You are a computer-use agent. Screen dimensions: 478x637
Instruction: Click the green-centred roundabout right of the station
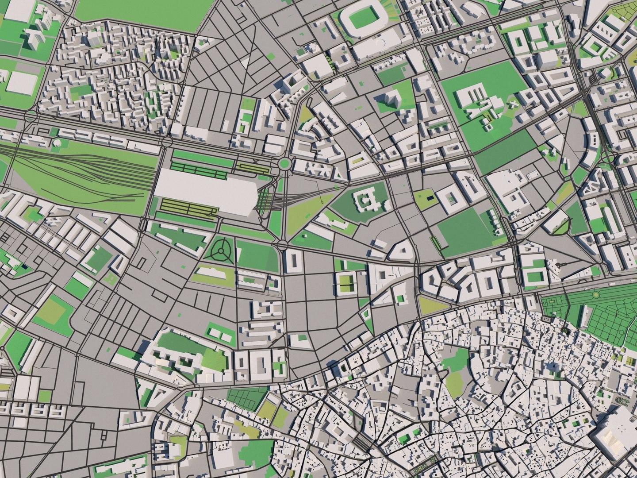284,164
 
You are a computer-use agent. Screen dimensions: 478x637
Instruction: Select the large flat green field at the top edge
137,13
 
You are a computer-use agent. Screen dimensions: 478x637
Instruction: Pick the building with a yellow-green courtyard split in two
346,283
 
